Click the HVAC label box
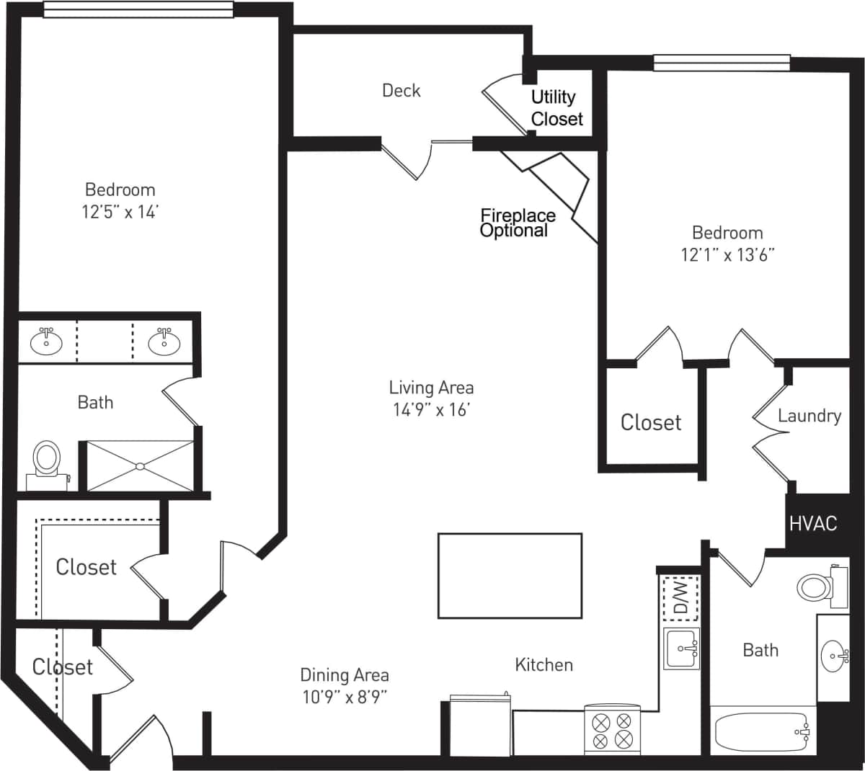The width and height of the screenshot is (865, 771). pyautogui.click(x=813, y=523)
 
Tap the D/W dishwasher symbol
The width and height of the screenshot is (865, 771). pyautogui.click(x=680, y=598)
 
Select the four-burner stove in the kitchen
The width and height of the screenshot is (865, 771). pyautogui.click(x=612, y=729)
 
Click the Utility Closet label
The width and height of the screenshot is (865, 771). pyautogui.click(x=555, y=107)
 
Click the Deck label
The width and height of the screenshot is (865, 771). pyautogui.click(x=401, y=90)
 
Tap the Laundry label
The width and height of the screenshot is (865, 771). pyautogui.click(x=809, y=416)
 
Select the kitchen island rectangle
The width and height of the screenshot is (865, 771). pyautogui.click(x=510, y=575)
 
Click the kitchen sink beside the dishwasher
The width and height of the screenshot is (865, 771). pyautogui.click(x=681, y=649)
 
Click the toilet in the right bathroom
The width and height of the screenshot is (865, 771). pyautogui.click(x=817, y=586)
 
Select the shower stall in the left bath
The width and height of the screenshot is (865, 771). pyautogui.click(x=140, y=466)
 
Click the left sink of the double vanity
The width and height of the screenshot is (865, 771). pyautogui.click(x=46, y=342)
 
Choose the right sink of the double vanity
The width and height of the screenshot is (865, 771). pyautogui.click(x=164, y=342)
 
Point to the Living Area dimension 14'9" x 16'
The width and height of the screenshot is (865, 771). pyautogui.click(x=431, y=410)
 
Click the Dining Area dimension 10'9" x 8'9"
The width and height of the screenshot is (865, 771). pyautogui.click(x=345, y=697)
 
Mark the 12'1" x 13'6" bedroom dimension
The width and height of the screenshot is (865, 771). pyautogui.click(x=727, y=254)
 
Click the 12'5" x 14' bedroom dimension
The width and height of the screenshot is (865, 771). pyautogui.click(x=120, y=212)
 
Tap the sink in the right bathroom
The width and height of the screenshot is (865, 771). pyautogui.click(x=834, y=656)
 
